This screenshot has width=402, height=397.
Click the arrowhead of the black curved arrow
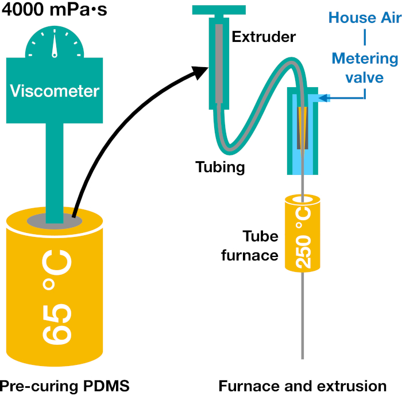tap(203, 72)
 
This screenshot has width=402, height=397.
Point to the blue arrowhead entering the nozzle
tap(324, 99)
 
